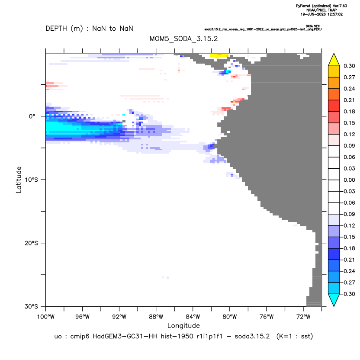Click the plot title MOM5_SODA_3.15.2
(x=183, y=39)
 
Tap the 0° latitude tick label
(x=32, y=116)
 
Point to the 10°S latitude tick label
(x=31, y=180)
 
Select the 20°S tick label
(x=31, y=243)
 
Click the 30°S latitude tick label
(x=31, y=306)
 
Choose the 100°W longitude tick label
(x=46, y=317)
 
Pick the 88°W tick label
(x=156, y=317)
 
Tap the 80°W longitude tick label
(x=230, y=317)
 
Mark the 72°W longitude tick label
(x=303, y=317)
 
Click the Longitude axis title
(x=183, y=325)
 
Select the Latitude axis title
(x=19, y=180)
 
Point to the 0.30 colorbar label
(x=349, y=66)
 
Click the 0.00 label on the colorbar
(x=349, y=180)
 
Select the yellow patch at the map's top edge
(x=219, y=55)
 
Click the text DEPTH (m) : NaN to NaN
(x=89, y=29)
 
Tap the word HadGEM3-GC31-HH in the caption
(x=125, y=336)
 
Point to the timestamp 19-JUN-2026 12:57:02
(x=321, y=14)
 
